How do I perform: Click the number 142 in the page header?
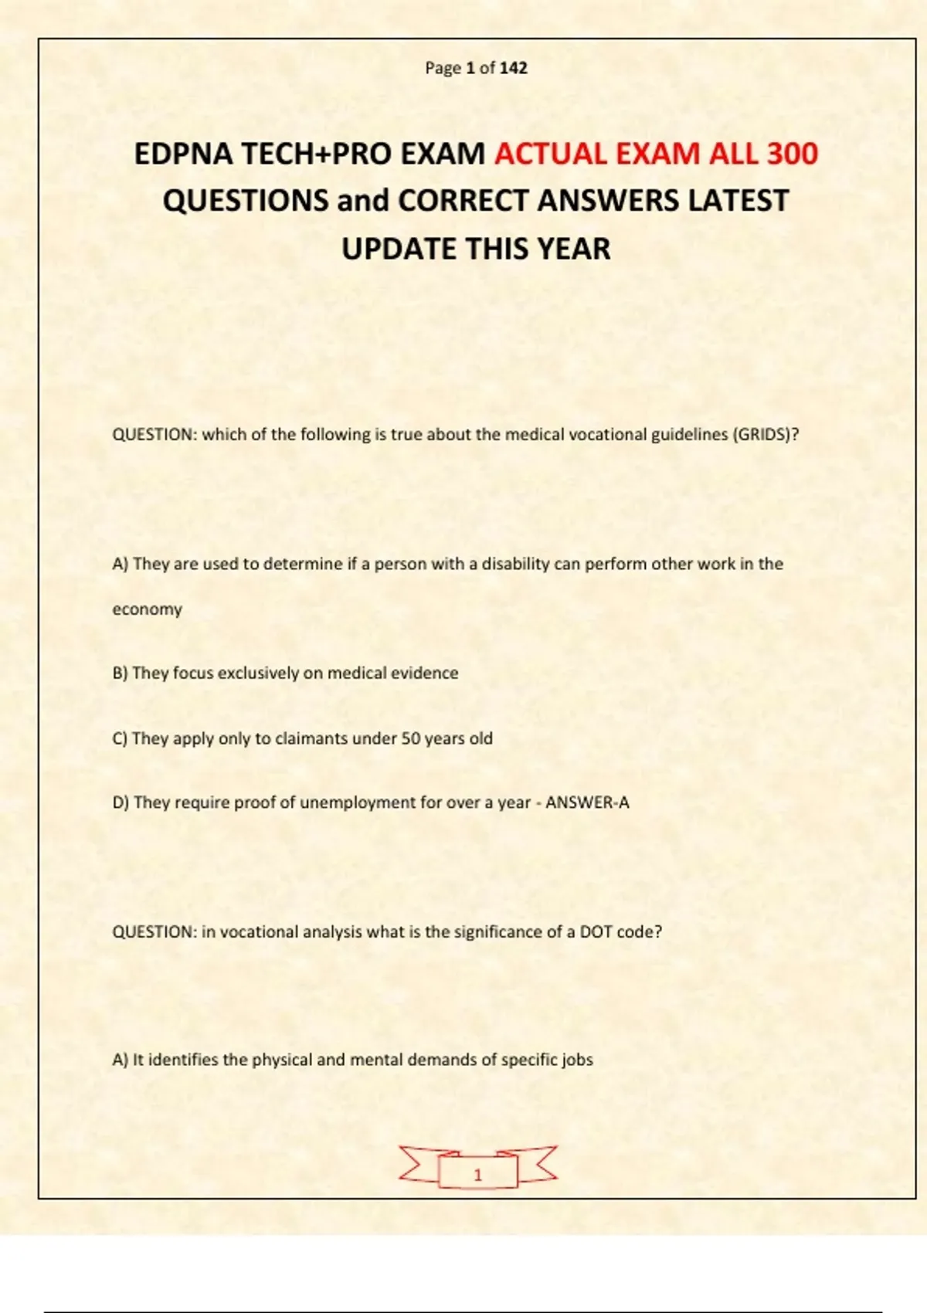(x=513, y=68)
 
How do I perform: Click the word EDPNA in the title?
(x=183, y=154)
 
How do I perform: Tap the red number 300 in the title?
(x=792, y=154)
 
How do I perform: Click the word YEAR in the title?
(x=574, y=249)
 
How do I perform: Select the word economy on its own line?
(x=147, y=609)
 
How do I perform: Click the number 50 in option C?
(x=410, y=738)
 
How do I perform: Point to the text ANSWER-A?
(x=587, y=802)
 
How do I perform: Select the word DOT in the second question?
(x=596, y=931)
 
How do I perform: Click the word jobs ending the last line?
(x=577, y=1060)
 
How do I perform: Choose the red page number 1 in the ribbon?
(x=477, y=1175)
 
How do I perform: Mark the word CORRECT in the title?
(x=463, y=201)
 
